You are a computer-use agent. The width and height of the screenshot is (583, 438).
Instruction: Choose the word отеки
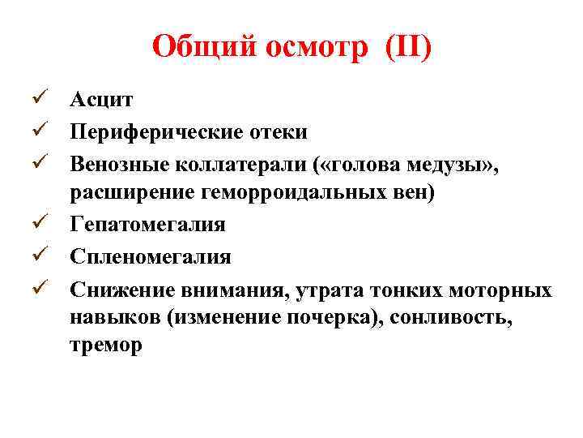279,131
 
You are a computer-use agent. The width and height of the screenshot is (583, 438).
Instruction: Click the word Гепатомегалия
147,224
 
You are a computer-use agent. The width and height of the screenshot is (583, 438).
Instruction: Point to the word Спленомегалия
150,255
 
